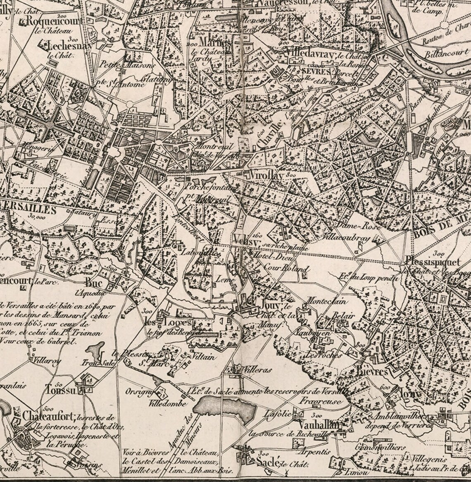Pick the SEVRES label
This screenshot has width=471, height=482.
316,71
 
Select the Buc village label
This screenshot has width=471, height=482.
93,283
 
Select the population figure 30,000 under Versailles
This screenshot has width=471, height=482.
37,215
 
